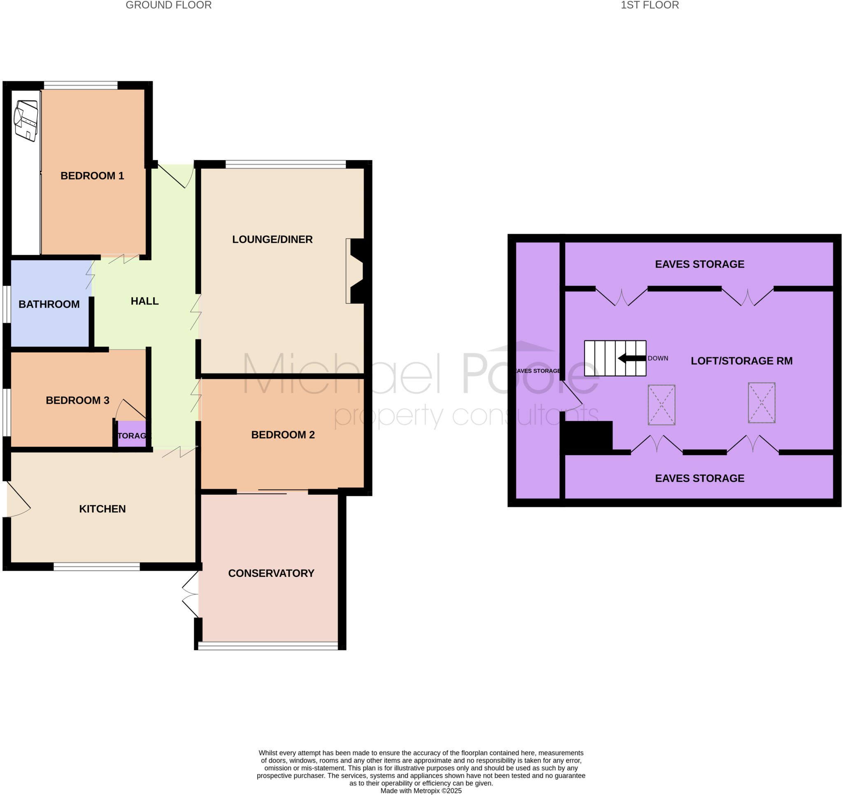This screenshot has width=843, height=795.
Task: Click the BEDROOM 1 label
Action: [92, 176]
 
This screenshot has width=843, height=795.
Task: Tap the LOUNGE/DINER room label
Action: [272, 239]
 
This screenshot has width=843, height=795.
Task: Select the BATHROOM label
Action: [49, 304]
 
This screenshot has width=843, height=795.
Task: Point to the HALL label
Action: [144, 301]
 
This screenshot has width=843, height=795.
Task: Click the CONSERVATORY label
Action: [271, 573]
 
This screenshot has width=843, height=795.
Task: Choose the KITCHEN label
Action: [102, 509]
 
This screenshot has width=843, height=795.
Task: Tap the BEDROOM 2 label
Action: [283, 435]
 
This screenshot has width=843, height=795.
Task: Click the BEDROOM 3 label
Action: [78, 400]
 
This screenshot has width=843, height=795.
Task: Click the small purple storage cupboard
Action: [131, 434]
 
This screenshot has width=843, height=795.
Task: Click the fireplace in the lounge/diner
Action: [355, 271]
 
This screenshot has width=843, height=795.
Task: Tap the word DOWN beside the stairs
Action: [658, 358]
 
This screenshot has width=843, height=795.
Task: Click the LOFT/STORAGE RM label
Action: [741, 361]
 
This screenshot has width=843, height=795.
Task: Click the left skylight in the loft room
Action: [661, 404]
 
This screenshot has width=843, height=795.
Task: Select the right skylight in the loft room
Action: [761, 402]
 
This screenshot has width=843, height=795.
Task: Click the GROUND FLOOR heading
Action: [168, 5]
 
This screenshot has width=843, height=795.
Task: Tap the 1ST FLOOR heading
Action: [650, 5]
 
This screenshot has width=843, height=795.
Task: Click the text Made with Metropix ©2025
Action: [421, 791]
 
